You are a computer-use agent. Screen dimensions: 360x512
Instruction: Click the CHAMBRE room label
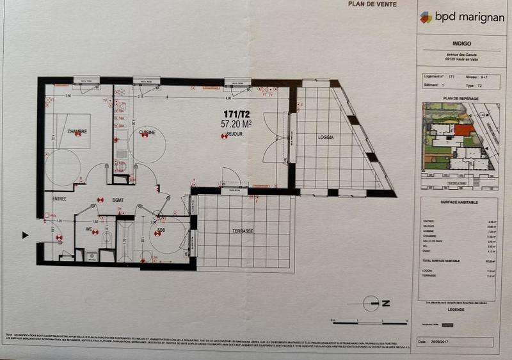pos(77,131)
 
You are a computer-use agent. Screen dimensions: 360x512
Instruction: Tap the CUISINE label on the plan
pos(148,132)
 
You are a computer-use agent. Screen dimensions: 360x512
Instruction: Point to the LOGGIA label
pos(326,138)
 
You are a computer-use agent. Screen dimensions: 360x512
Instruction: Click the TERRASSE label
pos(243,231)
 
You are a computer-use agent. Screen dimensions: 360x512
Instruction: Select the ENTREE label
pos(60,199)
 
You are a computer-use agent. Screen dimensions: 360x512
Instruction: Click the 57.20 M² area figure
pos(236,124)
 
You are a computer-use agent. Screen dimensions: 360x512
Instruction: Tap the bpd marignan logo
pos(455,17)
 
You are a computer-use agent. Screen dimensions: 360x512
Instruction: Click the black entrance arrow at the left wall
pos(25,235)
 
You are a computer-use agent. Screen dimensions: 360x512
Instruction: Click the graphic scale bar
pos(370,321)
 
